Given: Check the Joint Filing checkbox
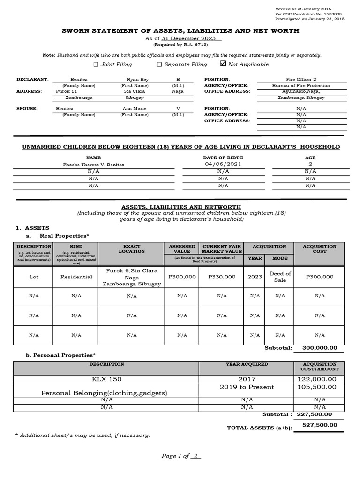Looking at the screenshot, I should pos(96,64).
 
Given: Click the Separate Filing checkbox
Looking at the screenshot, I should pos(159,64).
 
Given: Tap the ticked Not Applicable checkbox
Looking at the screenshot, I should pos(223,64).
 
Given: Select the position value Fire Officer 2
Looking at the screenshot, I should pos(301,80).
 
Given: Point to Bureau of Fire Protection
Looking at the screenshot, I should pos(301,86).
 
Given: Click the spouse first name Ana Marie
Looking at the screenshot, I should pos(134,108).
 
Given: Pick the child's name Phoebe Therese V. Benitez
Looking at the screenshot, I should pos(94,165).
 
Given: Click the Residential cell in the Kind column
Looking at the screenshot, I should pos(76,277).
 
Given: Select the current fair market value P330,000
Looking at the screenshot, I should pos(222,277).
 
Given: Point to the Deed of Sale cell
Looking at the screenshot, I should pos(280,277).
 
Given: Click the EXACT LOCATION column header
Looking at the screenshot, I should pos(132,248).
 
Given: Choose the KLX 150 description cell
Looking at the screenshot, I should pos(106,379).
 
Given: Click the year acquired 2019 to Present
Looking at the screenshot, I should pos(247,387).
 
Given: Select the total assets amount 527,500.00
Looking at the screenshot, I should pos(319,425).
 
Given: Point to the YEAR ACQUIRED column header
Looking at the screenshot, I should pos(247,364).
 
